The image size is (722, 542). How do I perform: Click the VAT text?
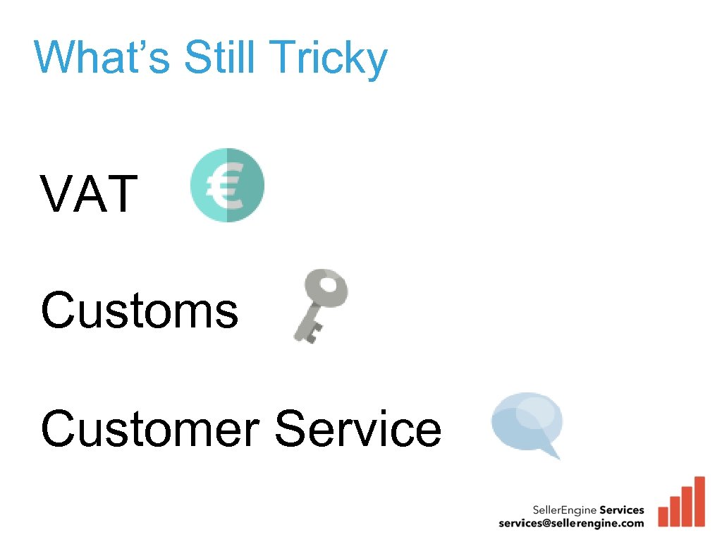pos(89,195)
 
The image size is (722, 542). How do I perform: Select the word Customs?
pos(140,311)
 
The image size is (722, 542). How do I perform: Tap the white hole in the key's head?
pos(328,285)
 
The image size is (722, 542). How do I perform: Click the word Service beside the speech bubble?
pos(358,429)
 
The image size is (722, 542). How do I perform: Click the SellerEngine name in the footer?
pos(561,510)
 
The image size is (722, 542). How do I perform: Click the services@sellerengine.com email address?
pos(571,523)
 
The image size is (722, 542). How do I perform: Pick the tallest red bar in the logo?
pos(699,501)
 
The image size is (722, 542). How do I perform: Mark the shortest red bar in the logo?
pos(663,515)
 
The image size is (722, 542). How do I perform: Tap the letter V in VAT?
pos(57,195)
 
